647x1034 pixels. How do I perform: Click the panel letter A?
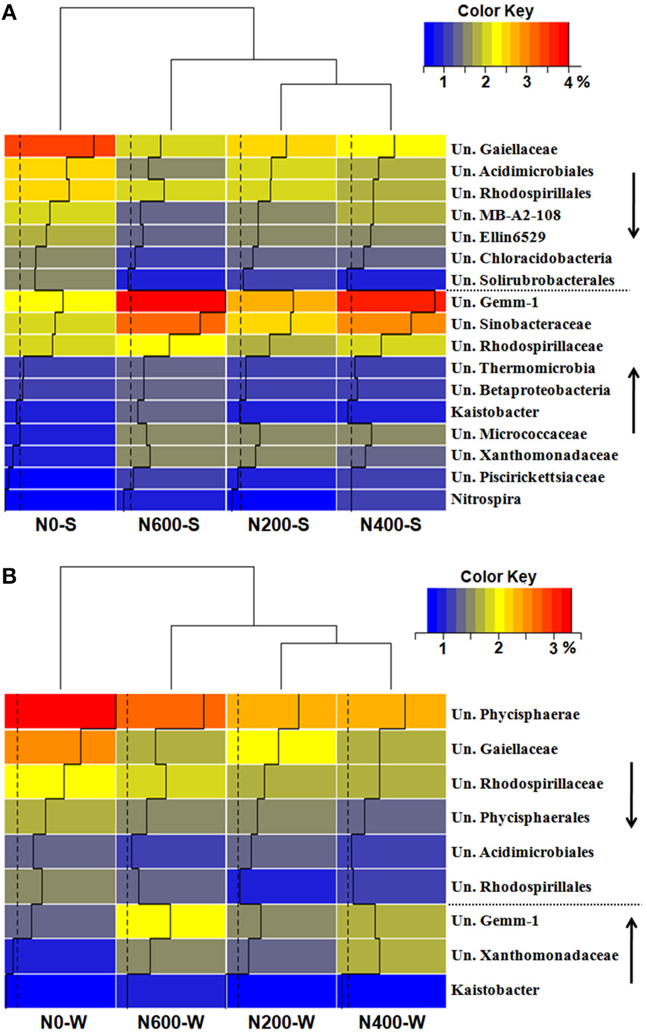click(x=9, y=12)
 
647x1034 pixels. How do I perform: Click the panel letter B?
click(x=9, y=576)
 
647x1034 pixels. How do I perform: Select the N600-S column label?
click(x=168, y=525)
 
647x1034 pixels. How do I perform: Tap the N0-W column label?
click(x=63, y=1022)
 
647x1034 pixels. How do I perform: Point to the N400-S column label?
click(x=390, y=525)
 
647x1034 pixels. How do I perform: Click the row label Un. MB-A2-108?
click(x=506, y=215)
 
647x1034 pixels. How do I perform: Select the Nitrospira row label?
click(x=485, y=499)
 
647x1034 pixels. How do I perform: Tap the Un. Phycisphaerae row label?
click(x=515, y=714)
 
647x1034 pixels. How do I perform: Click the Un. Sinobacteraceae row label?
click(x=521, y=324)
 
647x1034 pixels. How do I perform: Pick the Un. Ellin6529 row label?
click(x=498, y=237)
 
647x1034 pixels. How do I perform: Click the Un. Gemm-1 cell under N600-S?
click(x=171, y=302)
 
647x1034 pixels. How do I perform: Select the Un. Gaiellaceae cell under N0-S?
click(x=60, y=146)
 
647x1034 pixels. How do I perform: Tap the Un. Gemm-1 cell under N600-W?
click(x=171, y=921)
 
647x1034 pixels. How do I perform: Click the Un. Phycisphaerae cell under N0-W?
click(x=60, y=711)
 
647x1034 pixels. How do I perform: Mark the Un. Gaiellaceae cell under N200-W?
click(x=281, y=747)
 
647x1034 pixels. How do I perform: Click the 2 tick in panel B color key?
click(x=498, y=648)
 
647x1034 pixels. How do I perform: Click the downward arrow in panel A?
click(x=633, y=205)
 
